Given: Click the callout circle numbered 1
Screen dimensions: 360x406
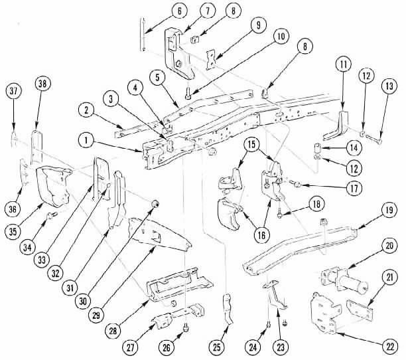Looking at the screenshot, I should (85, 141).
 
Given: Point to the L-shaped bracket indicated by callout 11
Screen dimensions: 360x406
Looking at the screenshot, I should (344, 126).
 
